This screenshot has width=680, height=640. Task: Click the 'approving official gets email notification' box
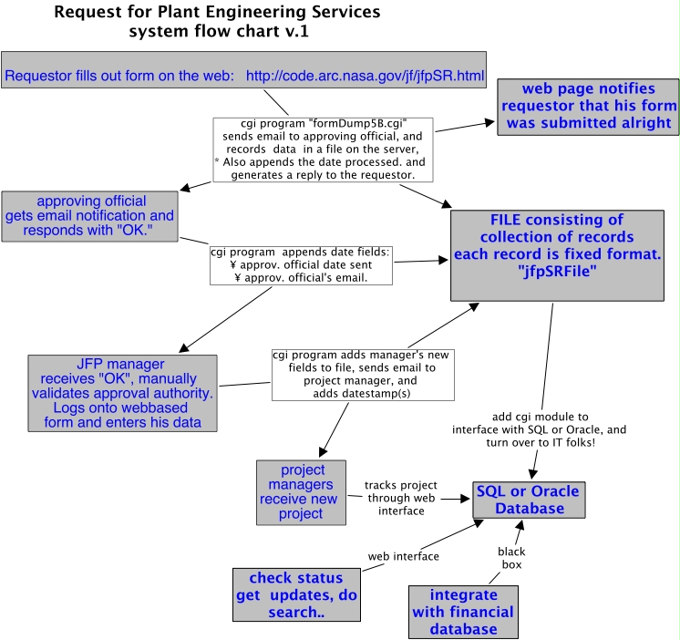click(x=88, y=216)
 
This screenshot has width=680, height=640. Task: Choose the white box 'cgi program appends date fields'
click(x=300, y=263)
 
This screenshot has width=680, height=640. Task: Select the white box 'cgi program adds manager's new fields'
click(x=363, y=375)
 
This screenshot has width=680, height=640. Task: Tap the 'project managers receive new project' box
click(x=302, y=491)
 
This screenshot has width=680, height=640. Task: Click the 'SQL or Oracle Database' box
click(x=530, y=500)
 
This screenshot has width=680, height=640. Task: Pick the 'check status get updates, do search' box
click(x=296, y=595)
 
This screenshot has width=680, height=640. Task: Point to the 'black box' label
click(x=510, y=559)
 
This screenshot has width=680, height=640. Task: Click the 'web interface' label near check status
click(x=403, y=556)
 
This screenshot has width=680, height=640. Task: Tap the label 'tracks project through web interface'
click(x=402, y=498)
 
